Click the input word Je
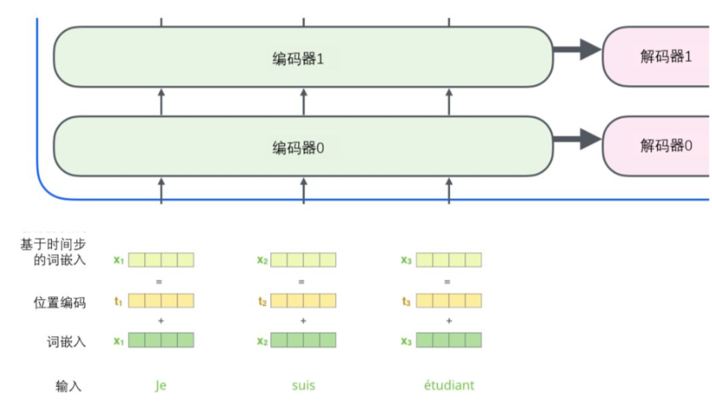coord(161,385)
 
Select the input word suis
coord(303,385)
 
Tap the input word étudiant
coord(449,385)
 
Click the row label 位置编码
coord(59,302)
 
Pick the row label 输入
coord(68,386)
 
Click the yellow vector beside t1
coord(161,301)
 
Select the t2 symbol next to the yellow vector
coord(262,301)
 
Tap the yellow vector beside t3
coord(449,301)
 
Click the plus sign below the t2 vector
coord(303,321)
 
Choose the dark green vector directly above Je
coord(161,340)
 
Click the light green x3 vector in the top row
coord(449,260)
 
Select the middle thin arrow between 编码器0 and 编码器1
coord(303,101)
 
